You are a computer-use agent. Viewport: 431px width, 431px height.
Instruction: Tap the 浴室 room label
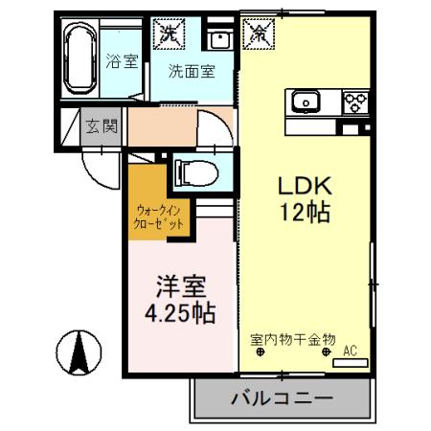(x=121, y=60)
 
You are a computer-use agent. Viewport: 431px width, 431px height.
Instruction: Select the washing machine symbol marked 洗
(x=169, y=34)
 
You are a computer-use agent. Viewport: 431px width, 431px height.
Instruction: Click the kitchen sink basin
(x=307, y=99)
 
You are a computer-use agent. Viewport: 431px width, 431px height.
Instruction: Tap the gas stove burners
(x=354, y=99)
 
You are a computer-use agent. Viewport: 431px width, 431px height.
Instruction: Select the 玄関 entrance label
(x=100, y=125)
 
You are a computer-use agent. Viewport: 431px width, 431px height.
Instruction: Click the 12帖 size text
(x=305, y=213)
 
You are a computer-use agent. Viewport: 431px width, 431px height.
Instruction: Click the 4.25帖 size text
(x=179, y=312)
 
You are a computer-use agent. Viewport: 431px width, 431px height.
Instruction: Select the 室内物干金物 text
(x=293, y=339)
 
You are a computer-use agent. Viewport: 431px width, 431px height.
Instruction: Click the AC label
(x=350, y=352)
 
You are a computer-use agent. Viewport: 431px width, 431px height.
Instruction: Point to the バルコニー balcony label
(x=281, y=397)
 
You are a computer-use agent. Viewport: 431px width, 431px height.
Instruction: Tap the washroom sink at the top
(x=218, y=39)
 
